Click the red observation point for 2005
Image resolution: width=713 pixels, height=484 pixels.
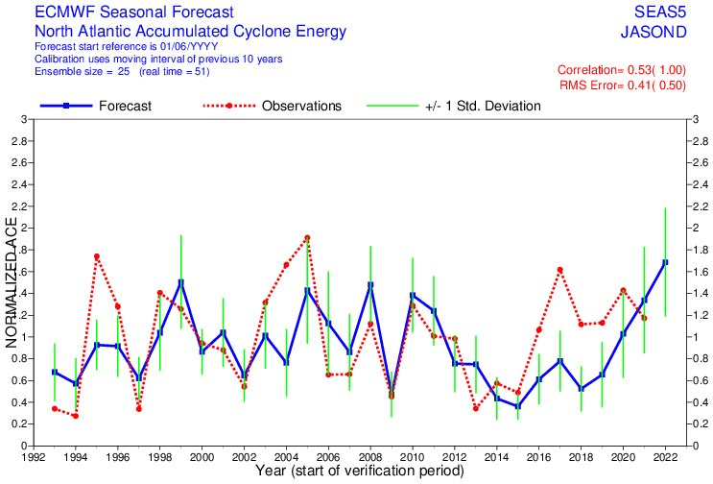click(x=307, y=237)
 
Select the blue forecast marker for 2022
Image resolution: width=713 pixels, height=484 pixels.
click(x=665, y=262)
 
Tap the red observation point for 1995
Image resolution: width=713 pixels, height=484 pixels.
click(x=97, y=256)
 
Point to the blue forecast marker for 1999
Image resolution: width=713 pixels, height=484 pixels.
click(x=181, y=283)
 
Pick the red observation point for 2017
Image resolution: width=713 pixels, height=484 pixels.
click(x=560, y=270)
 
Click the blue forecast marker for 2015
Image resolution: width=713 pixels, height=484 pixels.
click(x=518, y=406)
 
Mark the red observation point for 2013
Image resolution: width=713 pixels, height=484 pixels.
click(x=476, y=408)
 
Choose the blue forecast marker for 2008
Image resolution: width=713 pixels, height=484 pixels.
click(x=370, y=285)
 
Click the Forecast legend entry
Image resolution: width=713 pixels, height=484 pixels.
click(x=96, y=106)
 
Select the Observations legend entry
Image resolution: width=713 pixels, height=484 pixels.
click(x=272, y=106)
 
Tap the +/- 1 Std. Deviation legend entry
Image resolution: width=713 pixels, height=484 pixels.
click(x=454, y=106)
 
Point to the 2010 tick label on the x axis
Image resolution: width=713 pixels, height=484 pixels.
click(x=413, y=457)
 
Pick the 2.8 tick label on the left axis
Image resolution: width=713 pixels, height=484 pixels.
click(x=17, y=141)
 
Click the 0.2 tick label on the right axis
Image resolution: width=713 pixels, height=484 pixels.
click(x=700, y=423)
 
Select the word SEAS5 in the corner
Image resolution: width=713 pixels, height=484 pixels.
click(x=660, y=12)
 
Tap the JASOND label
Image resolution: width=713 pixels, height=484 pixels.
click(x=654, y=32)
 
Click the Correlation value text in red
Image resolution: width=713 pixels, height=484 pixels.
click(x=622, y=69)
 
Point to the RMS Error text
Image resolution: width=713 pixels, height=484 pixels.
click(x=623, y=85)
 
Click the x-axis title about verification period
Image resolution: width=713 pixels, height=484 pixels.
click(x=360, y=471)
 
